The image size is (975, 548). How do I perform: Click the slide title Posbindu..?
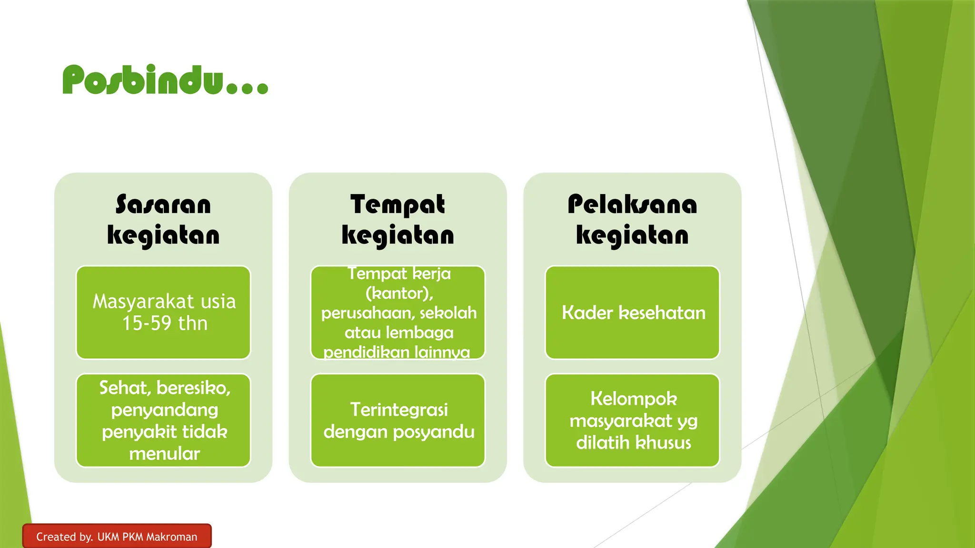point(165,80)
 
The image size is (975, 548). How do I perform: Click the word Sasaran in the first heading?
point(163,205)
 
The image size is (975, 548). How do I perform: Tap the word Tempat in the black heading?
point(398,205)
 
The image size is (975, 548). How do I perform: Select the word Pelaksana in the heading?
point(632,205)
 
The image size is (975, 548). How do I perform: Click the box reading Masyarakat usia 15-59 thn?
point(163,312)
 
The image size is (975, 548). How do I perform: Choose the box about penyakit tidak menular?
point(163,421)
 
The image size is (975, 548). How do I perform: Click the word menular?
point(164,454)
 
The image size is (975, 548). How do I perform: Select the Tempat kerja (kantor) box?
point(398,312)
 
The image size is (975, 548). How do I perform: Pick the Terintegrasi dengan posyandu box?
point(398,421)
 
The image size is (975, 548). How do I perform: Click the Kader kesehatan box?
point(632,312)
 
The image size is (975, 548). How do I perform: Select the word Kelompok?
point(634,399)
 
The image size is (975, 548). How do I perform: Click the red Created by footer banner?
point(117,536)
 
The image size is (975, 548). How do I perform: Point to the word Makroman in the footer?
point(171,537)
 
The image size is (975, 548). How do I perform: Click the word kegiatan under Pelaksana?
point(632,235)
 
